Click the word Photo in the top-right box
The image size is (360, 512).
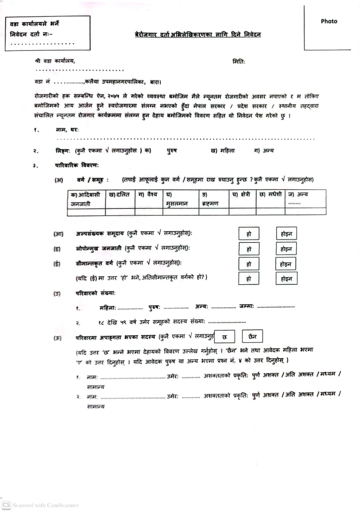click(329, 21)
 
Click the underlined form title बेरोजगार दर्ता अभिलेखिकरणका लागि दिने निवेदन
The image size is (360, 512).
click(198, 35)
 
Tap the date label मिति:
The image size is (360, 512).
click(239, 62)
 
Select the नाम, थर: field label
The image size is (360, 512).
click(67, 130)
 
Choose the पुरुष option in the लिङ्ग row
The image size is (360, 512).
click(172, 151)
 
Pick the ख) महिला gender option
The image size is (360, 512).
click(222, 151)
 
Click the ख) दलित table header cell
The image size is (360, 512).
click(120, 195)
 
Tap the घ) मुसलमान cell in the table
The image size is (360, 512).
click(181, 199)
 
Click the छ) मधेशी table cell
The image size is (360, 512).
click(270, 195)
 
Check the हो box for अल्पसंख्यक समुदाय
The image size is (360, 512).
click(249, 234)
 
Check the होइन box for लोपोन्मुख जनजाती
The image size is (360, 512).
click(286, 249)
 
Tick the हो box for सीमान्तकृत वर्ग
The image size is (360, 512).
click(249, 264)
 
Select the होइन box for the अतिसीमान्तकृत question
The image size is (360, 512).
click(286, 278)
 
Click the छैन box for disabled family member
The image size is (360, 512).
click(252, 337)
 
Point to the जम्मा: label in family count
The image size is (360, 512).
click(247, 307)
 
